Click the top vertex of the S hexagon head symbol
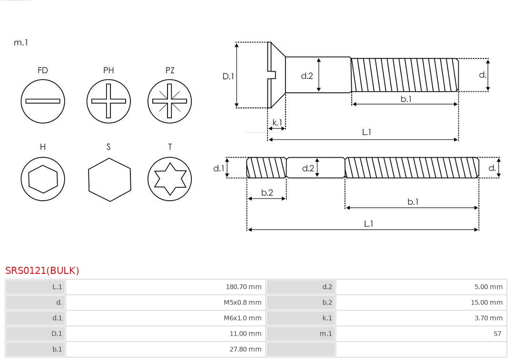coord(109,158)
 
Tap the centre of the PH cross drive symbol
coord(109,101)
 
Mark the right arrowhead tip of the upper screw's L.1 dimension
coord(458,139)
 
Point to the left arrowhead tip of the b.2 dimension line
coord(248,198)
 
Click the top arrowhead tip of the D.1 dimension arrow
coord(237,43)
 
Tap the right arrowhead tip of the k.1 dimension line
coord(285,128)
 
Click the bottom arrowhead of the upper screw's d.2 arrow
coord(318,91)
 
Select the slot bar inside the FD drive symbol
coord(43,101)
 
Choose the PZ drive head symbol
coord(169,101)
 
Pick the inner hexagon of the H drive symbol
coord(43,179)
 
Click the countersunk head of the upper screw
coord(277,75)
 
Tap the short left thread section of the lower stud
coord(266,168)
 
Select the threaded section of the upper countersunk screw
coord(405,75)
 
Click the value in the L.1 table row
coord(244,287)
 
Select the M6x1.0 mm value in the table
coord(243,318)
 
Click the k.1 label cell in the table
coord(300,318)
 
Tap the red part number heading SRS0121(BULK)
coord(42,271)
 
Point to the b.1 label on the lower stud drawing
coord(413,202)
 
